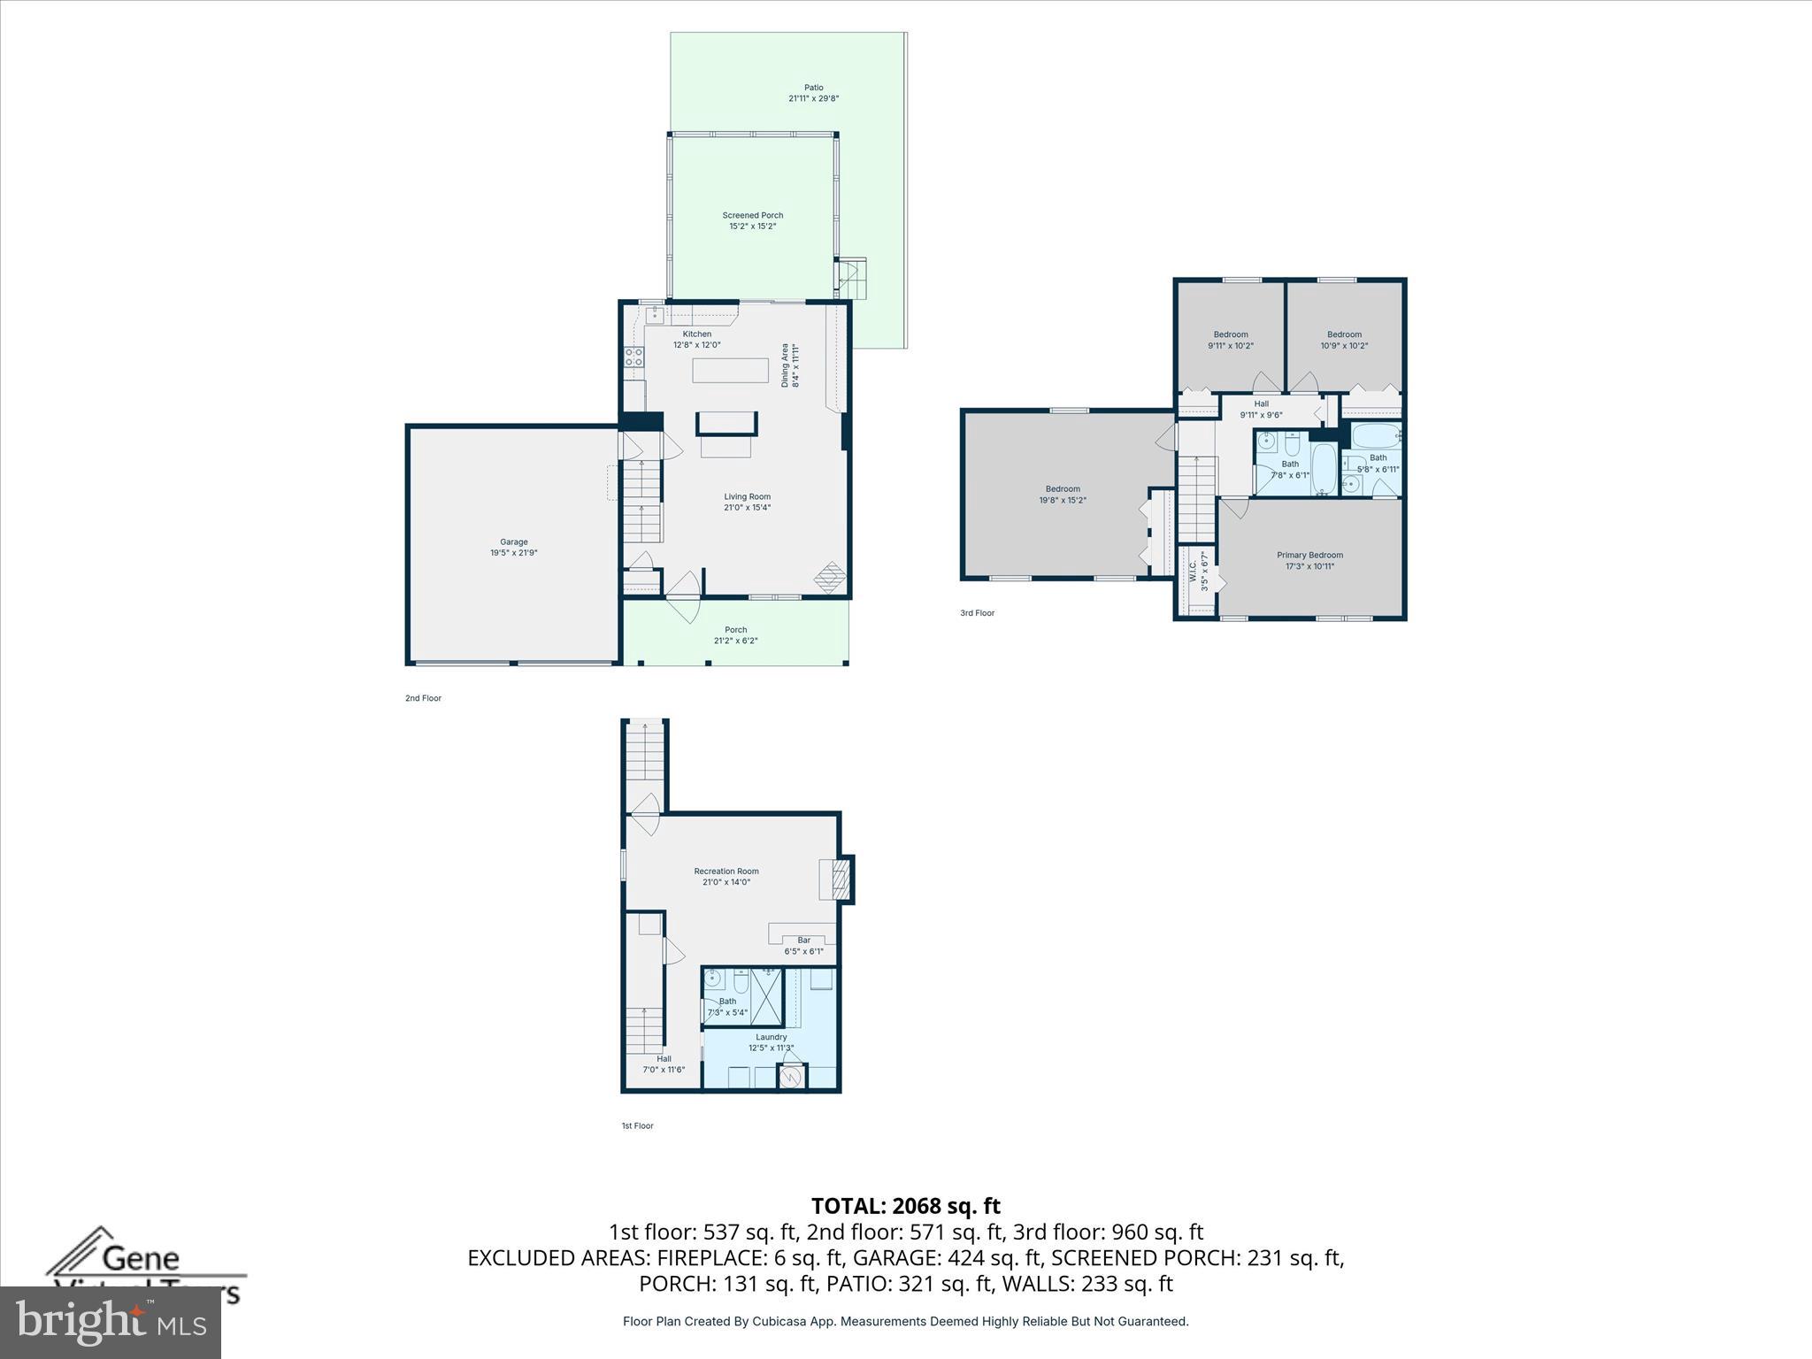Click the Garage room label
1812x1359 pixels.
(x=514, y=542)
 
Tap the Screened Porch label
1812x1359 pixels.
(x=752, y=216)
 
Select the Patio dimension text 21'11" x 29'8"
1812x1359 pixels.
(x=813, y=99)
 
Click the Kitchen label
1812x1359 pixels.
(x=696, y=334)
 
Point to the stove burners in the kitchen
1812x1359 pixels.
(x=634, y=357)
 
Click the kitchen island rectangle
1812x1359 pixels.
(x=730, y=370)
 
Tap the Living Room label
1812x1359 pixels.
(x=747, y=497)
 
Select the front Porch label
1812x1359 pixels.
(x=735, y=630)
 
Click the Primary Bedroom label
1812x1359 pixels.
(x=1309, y=556)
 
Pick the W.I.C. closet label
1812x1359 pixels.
(x=1193, y=572)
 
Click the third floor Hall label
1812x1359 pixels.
(x=1261, y=404)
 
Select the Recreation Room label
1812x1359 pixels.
(x=726, y=871)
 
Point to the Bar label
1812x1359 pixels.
(x=803, y=941)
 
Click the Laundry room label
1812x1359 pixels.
(x=771, y=1037)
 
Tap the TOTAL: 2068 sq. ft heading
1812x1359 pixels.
(x=905, y=1206)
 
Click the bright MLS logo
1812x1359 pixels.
(x=111, y=1322)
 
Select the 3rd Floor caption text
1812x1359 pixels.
(x=977, y=613)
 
